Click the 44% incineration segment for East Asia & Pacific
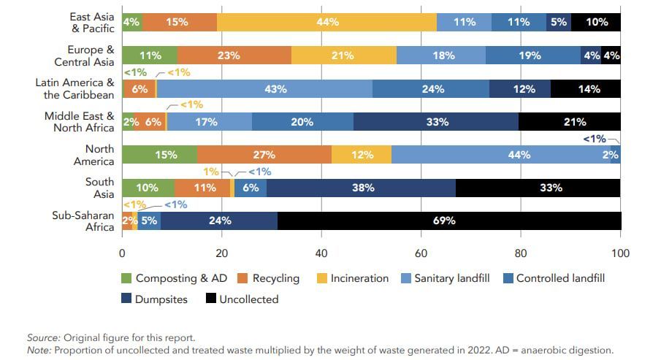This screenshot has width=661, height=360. [326, 22]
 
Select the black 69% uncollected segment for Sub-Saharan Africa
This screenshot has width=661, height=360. [449, 221]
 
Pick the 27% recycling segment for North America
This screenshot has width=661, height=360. [264, 155]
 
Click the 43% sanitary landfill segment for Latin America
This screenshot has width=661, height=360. [264, 89]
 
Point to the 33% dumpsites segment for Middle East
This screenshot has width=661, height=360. [436, 122]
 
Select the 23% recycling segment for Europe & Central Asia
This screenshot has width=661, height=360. [234, 55]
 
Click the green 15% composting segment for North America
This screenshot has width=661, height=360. [159, 155]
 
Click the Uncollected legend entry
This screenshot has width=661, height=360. [244, 299]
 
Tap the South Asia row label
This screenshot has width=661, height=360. [99, 188]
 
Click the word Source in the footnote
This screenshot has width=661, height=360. [42, 337]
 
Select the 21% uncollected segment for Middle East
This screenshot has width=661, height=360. [569, 122]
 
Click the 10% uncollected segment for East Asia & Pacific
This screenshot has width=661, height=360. [596, 22]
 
